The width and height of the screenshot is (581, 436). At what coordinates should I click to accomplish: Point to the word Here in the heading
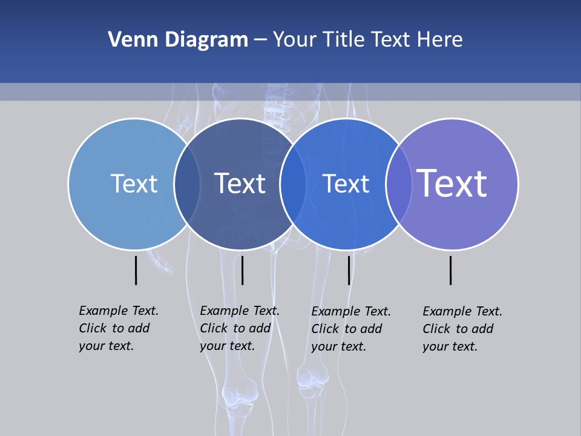tap(440, 40)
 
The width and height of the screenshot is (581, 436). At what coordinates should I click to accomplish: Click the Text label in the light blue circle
tap(134, 183)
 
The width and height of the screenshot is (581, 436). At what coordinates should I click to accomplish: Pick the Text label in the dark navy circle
tap(240, 183)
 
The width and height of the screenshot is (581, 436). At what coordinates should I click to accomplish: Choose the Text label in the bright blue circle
tap(346, 183)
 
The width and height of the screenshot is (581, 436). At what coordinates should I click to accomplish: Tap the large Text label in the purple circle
tap(452, 183)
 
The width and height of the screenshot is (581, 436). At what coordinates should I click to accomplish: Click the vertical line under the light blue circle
tap(136, 270)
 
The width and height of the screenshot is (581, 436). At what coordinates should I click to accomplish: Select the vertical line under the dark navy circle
tap(242, 270)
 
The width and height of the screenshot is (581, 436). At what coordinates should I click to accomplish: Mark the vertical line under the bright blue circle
tap(349, 270)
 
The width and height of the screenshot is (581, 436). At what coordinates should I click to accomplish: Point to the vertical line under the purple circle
tap(450, 270)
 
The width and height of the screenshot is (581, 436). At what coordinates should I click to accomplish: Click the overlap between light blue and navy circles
tap(187, 184)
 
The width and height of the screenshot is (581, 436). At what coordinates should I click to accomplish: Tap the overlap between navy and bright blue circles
tap(293, 184)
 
